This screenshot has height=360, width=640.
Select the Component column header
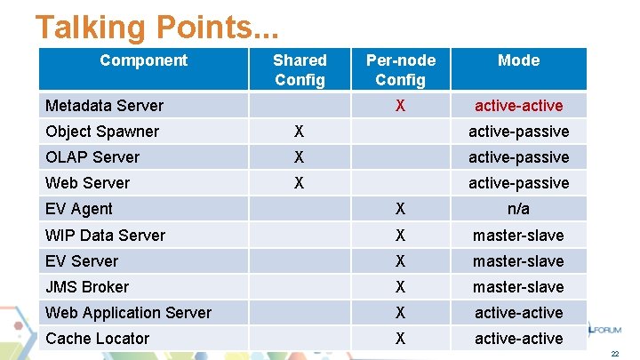143,60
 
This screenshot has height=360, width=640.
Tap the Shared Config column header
300,69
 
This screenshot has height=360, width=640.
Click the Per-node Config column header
401,69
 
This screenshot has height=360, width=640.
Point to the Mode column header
518,60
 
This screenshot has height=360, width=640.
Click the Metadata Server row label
104,106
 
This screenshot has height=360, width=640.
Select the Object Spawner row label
101,132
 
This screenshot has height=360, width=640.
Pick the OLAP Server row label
92,157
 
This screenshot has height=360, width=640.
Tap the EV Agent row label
78,209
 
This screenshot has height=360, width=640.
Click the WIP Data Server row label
105,236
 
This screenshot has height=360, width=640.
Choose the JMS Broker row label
86,287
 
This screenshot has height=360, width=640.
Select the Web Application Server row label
128,313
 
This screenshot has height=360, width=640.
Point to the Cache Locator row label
97,339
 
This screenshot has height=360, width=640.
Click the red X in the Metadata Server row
401,106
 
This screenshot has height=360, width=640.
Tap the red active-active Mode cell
518,106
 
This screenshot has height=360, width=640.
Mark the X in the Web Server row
300,183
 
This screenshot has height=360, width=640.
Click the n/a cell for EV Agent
518,209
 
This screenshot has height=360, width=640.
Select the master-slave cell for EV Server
518,261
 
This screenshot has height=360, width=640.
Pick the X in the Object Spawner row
300,132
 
